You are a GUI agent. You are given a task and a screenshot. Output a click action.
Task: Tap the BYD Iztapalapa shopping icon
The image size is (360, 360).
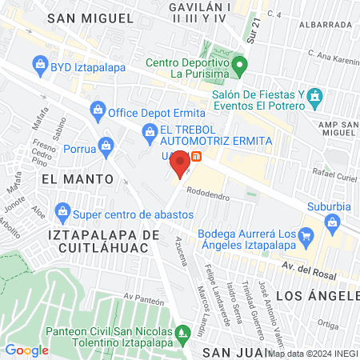pos(39,63)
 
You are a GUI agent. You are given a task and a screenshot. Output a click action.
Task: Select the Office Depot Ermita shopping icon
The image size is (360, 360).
pos(98,108)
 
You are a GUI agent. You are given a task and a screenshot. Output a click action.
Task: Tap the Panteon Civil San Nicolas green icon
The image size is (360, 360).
pos(183,332)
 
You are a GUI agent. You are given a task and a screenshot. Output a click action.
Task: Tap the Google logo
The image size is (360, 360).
pos(26,350)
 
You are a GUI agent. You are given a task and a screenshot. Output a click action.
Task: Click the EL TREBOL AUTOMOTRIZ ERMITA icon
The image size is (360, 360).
pos(149,131)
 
